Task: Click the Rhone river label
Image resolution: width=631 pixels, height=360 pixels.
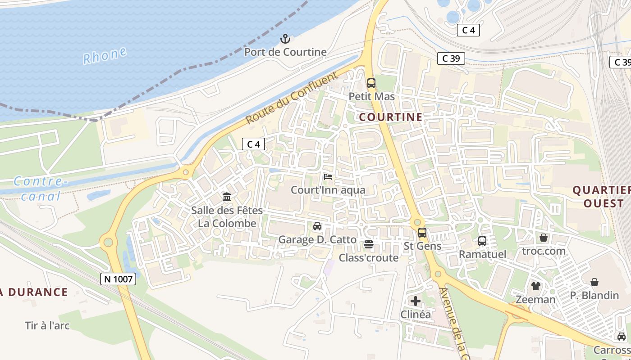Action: tap(105, 56)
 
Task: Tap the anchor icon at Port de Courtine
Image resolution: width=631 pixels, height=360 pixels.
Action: tap(285, 39)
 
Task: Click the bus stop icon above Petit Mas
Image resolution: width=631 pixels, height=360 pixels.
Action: tap(371, 83)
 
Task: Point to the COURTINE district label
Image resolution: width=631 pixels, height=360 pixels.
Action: tap(391, 117)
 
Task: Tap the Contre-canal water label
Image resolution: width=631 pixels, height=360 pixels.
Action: tap(41, 189)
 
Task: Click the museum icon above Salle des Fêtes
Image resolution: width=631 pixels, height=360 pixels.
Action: tap(227, 197)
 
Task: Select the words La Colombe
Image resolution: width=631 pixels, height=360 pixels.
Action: tap(227, 223)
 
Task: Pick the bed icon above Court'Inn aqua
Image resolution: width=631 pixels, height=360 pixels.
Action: tap(328, 177)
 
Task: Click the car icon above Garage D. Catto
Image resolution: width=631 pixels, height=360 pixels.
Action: tap(317, 226)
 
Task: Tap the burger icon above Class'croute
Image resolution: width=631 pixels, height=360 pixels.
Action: tap(369, 244)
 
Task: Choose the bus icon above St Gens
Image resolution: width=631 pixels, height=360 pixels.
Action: tap(422, 233)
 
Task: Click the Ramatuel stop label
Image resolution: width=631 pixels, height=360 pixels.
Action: tap(482, 254)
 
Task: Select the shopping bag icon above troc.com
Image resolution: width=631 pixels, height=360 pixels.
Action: tap(544, 238)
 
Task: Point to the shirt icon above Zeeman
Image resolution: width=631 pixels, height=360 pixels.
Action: tap(535, 286)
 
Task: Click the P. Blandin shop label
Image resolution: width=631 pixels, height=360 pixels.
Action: tap(594, 295)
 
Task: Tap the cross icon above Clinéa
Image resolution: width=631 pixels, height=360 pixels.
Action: tap(416, 301)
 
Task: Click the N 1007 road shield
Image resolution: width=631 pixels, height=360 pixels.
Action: tap(118, 279)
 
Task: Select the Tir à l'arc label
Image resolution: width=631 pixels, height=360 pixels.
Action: tap(47, 325)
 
